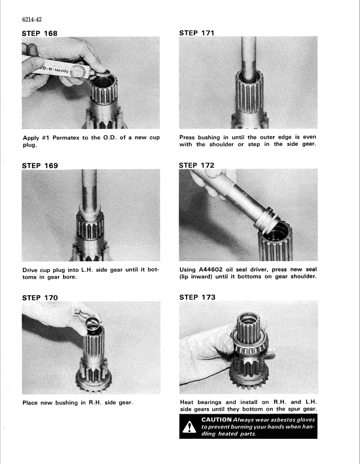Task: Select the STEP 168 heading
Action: [x=40, y=34]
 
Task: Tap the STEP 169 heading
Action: [x=40, y=165]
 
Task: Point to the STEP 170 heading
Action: [x=40, y=297]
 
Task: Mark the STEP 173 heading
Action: [x=197, y=297]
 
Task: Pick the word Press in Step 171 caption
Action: [x=190, y=137]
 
